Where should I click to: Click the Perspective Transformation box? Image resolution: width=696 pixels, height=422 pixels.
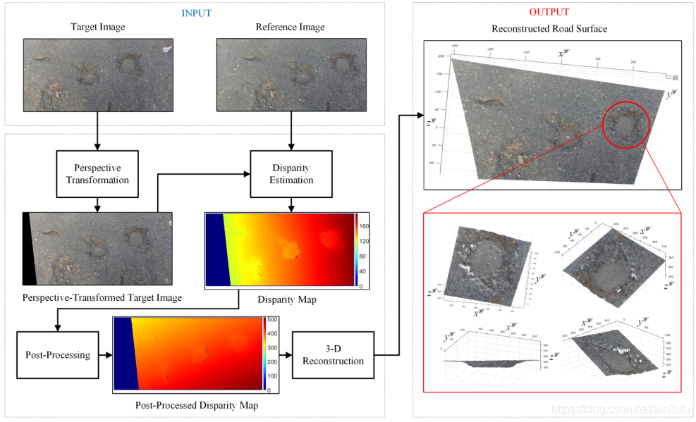coord(97,174)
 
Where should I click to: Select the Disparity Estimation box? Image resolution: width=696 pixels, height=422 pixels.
coord(291,174)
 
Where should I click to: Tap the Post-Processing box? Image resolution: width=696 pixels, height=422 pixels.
coord(54,354)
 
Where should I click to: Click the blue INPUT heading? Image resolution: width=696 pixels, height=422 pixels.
coord(196,13)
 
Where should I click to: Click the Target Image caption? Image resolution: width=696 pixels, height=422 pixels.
coord(97,27)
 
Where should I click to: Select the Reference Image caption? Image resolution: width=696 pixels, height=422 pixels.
coord(291,27)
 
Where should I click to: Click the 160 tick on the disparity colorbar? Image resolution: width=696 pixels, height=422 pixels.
coord(365,226)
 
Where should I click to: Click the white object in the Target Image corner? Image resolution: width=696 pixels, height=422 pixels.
coord(166,49)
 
